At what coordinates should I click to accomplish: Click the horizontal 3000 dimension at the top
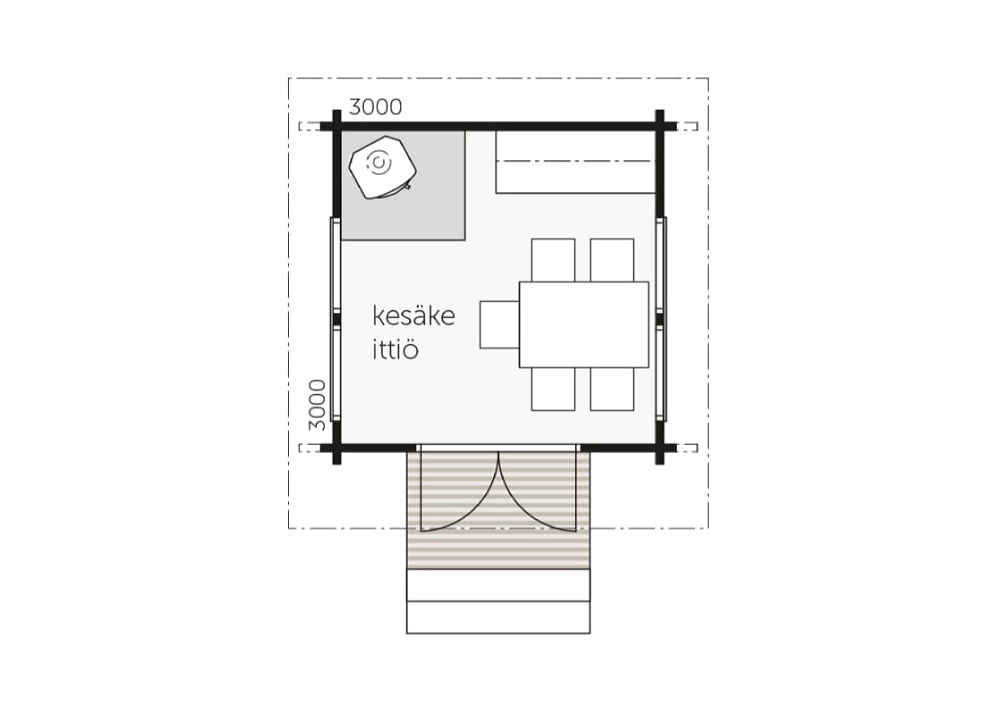tap(375, 107)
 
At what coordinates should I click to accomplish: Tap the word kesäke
tap(413, 316)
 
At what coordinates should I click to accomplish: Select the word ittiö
tap(395, 349)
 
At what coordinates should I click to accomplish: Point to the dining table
tap(584, 324)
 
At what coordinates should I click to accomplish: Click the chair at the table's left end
tap(499, 324)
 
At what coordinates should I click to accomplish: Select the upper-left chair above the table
tap(553, 260)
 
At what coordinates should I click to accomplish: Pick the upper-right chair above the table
tap(612, 260)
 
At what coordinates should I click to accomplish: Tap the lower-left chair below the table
tap(553, 389)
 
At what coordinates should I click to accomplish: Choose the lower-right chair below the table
tap(612, 389)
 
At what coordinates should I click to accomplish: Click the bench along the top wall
tap(575, 162)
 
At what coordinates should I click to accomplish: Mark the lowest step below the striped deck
tap(498, 617)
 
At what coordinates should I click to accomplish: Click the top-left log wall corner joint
tap(337, 126)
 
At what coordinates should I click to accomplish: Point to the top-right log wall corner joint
tap(660, 126)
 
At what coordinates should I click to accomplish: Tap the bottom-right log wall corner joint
tap(660, 448)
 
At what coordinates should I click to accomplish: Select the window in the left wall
tap(335, 319)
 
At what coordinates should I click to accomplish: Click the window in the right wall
tap(662, 319)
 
